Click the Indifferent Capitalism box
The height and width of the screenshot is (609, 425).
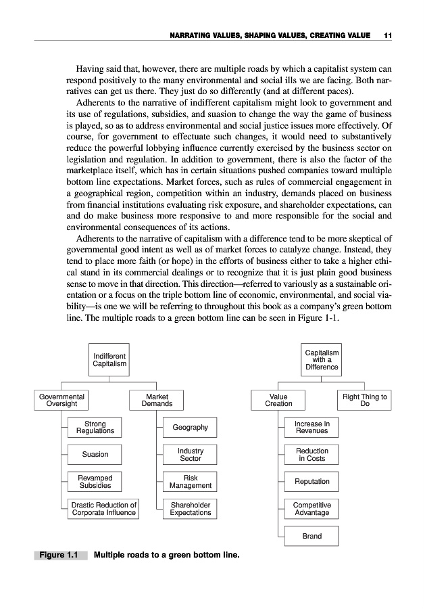[109, 359]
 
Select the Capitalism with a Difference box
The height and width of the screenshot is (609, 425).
[322, 359]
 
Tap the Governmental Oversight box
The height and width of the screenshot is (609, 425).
[61, 400]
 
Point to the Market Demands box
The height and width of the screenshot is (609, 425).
[157, 400]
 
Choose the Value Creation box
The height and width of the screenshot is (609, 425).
[278, 400]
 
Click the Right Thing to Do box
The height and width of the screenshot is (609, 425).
[365, 400]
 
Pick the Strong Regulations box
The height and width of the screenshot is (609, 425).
[95, 428]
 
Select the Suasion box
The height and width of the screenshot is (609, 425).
[95, 455]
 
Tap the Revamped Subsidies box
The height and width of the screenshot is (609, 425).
[95, 482]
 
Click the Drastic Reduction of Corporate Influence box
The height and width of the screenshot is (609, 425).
[104, 509]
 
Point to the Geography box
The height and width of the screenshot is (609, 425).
[190, 428]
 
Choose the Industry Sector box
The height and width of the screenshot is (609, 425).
[190, 455]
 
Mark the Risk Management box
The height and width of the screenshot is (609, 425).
[190, 482]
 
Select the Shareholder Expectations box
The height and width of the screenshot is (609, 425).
[190, 509]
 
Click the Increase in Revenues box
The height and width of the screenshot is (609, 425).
[311, 428]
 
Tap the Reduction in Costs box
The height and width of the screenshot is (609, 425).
[311, 455]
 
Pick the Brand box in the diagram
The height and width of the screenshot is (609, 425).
[311, 536]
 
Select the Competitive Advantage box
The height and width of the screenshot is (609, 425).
[311, 509]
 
